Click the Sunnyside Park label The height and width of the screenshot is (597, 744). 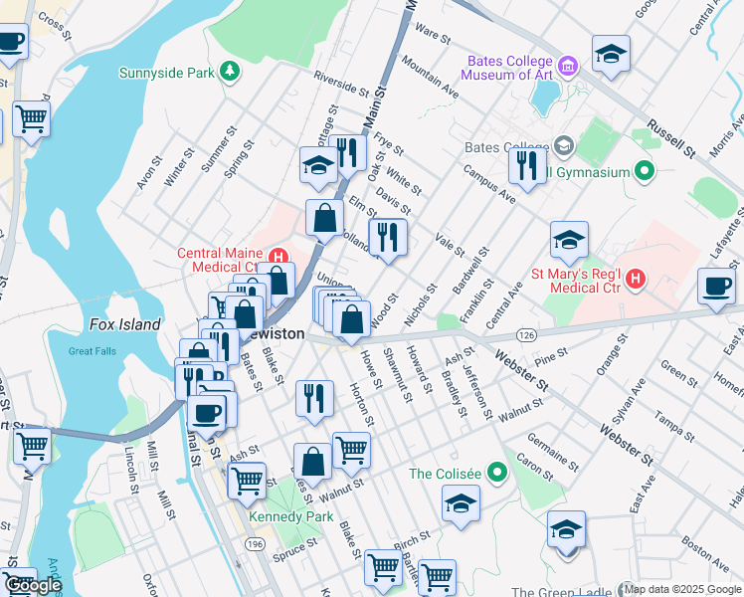(167, 72)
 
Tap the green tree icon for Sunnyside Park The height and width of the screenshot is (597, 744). (231, 71)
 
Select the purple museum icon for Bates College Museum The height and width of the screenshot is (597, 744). (568, 68)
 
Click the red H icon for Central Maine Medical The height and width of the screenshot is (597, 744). (279, 253)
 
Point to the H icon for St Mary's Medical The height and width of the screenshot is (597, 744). (637, 281)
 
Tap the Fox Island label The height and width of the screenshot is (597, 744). (125, 324)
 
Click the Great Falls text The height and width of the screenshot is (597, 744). (93, 350)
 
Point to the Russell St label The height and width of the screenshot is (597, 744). (671, 140)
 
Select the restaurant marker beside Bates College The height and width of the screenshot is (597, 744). (526, 165)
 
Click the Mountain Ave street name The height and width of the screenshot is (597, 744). (430, 76)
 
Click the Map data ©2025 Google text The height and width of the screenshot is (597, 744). (682, 589)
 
